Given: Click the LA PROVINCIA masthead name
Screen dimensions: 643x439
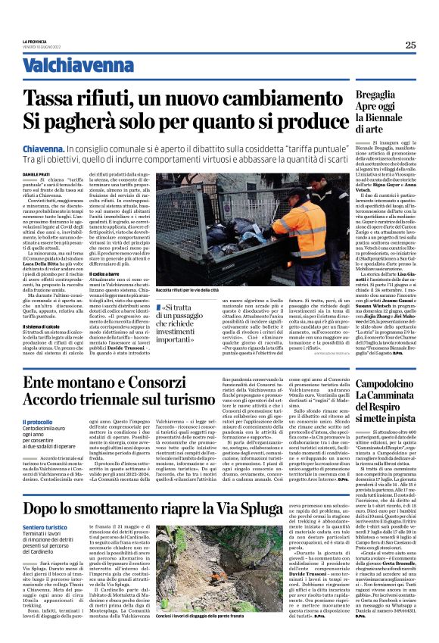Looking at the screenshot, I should pyautogui.click(x=35, y=41).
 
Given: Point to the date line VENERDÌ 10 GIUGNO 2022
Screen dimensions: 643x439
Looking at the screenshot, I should pyautogui.click(x=42, y=45).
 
